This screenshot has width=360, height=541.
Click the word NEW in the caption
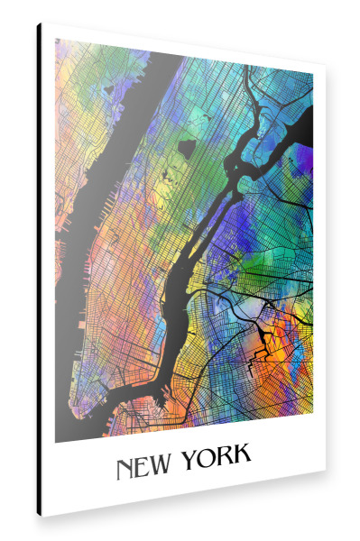pyautogui.click(x=144, y=467)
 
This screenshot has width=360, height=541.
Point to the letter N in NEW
pyautogui.click(x=125, y=469)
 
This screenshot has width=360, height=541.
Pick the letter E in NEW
pyautogui.click(x=143, y=467)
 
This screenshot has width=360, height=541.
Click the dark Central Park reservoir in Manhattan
pyautogui.click(x=188, y=146)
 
